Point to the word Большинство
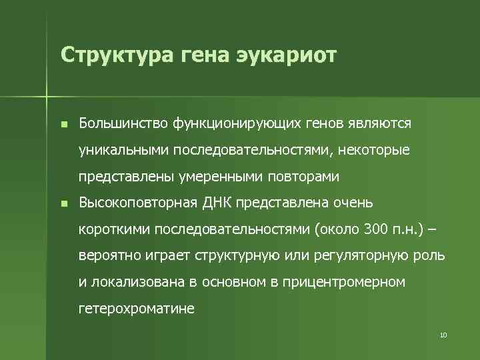[x=123, y=124]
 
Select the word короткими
[x=114, y=229]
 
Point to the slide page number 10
[x=443, y=334]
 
